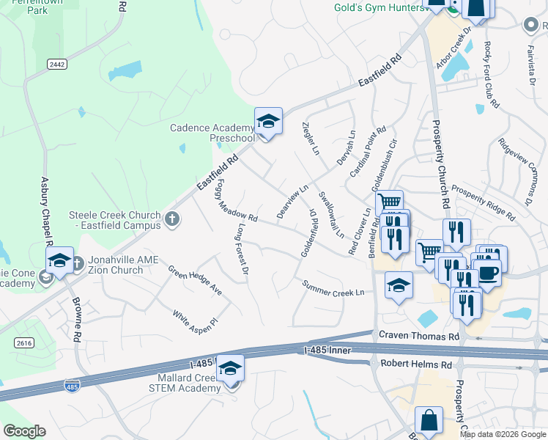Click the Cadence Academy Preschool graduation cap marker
268,121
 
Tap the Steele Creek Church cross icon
171,219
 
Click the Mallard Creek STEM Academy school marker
230,368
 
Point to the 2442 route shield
57,65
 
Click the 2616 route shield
24,342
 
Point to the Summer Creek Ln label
333,288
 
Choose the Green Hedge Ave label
195,280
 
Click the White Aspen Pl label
196,320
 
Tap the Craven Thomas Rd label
419,336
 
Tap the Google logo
24,431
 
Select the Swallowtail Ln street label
330,215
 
